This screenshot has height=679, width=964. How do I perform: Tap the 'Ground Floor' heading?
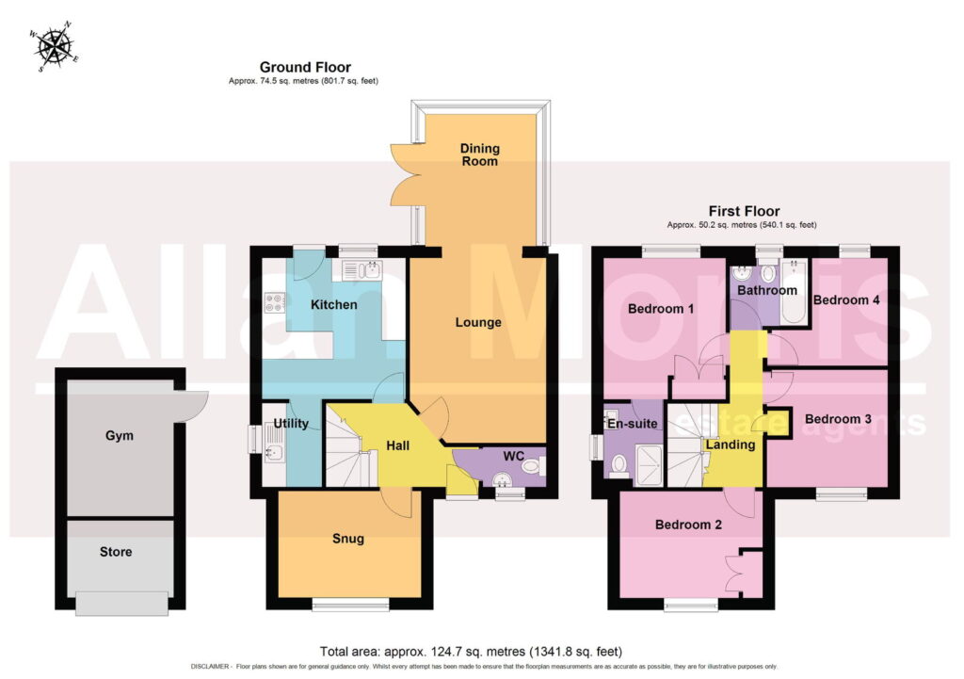(305, 67)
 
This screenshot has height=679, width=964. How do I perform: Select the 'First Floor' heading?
(744, 211)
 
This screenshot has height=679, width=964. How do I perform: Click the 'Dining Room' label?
(480, 154)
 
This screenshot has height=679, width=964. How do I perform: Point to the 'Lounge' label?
(478, 322)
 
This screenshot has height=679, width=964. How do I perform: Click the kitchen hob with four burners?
(274, 302)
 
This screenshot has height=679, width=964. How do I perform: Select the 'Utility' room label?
(291, 423)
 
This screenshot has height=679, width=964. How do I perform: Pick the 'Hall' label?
(398, 445)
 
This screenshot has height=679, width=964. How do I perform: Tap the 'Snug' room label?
(348, 539)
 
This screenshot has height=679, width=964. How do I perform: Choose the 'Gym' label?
(120, 436)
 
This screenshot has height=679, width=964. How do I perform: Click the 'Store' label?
(116, 552)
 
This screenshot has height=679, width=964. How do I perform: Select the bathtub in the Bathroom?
(794, 292)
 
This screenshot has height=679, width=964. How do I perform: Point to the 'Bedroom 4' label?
(846, 300)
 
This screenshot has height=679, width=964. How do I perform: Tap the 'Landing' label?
(731, 445)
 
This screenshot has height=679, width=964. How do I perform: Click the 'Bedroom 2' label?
(688, 525)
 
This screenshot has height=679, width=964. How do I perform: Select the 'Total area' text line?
(471, 652)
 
